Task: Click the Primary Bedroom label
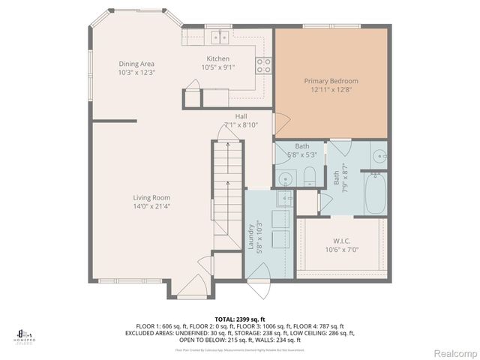coord(331,80)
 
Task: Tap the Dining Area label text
coord(136,64)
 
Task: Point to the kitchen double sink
coord(220,35)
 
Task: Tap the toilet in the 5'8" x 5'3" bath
coord(308,177)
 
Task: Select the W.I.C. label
coord(341,241)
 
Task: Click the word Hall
coord(241,116)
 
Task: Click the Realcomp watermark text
coord(454,352)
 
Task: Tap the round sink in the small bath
coord(284,179)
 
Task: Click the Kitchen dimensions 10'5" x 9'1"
coord(218,67)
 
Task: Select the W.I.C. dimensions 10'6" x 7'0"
coord(341,250)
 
